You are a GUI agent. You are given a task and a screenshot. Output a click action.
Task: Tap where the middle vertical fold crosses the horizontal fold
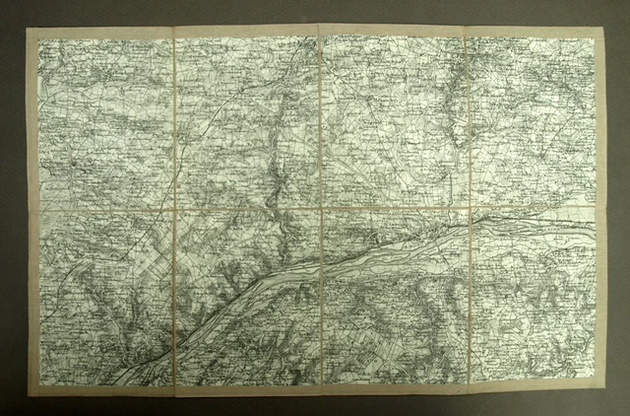(x=322, y=209)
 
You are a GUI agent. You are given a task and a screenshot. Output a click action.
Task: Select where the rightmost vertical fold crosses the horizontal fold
(x=469, y=209)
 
